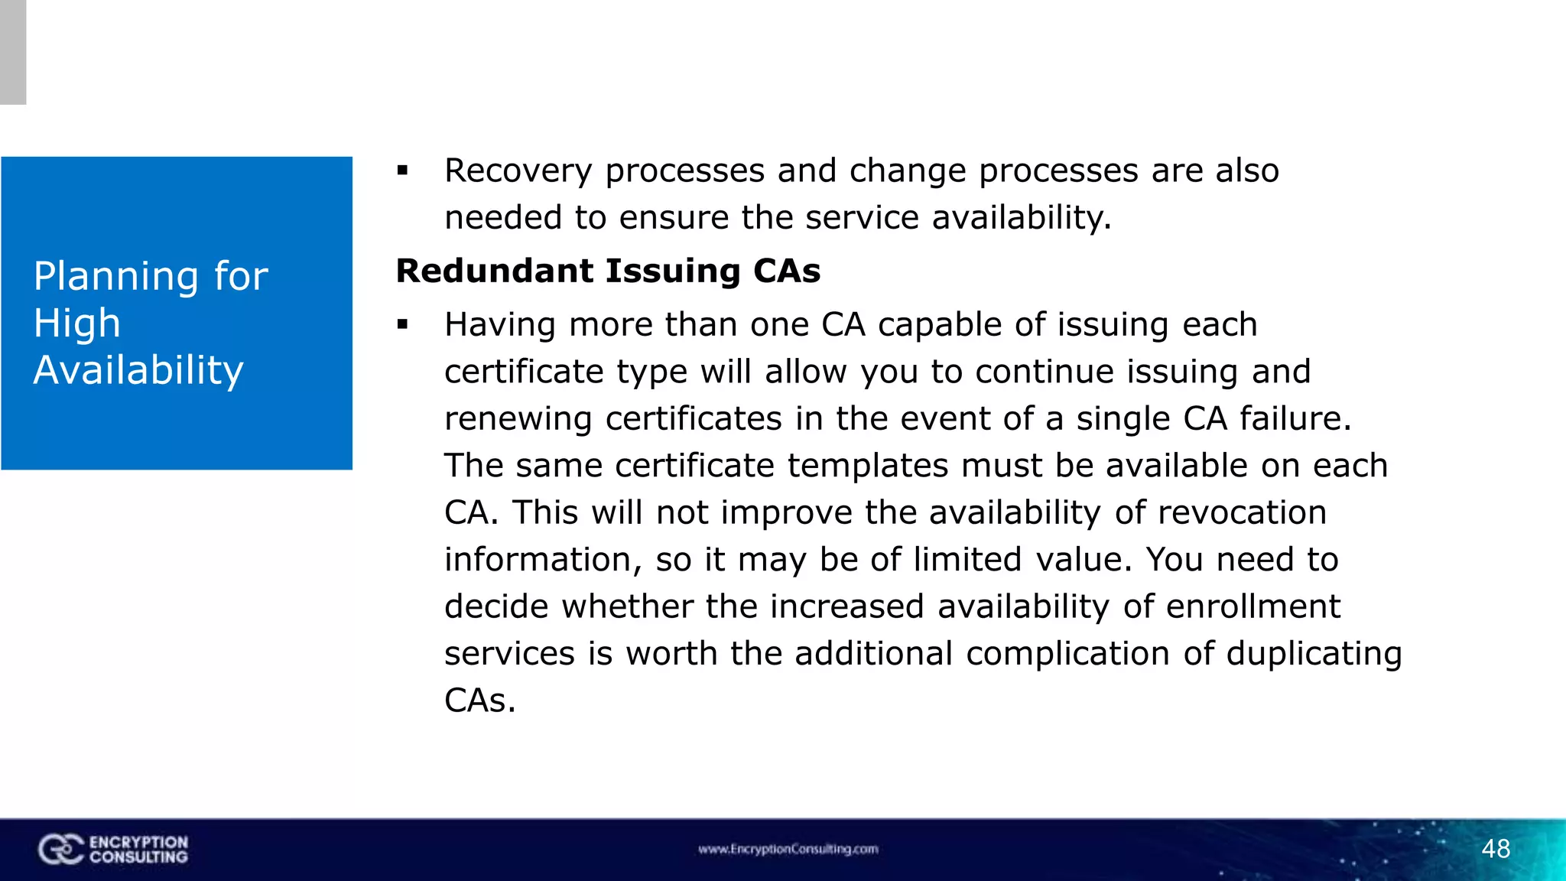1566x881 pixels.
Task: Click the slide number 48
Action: (x=1496, y=849)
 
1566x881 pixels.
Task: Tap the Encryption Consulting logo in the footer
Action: (x=113, y=850)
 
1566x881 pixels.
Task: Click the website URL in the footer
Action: (x=788, y=849)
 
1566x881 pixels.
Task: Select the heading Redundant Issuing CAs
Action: (x=608, y=271)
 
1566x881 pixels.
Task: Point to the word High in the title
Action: (x=77, y=323)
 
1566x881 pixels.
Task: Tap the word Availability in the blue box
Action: (x=138, y=370)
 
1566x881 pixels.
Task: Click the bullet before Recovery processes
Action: (x=403, y=171)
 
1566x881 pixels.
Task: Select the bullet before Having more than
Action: (x=403, y=325)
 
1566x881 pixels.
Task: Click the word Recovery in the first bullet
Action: (x=518, y=171)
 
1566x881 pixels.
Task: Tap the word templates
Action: (x=868, y=466)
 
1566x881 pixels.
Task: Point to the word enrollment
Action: (x=1252, y=606)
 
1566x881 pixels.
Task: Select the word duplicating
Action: (x=1314, y=654)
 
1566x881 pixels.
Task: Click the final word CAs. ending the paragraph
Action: (x=479, y=701)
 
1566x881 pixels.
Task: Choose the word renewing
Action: (x=518, y=419)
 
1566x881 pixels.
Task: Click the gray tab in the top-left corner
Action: (x=13, y=52)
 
